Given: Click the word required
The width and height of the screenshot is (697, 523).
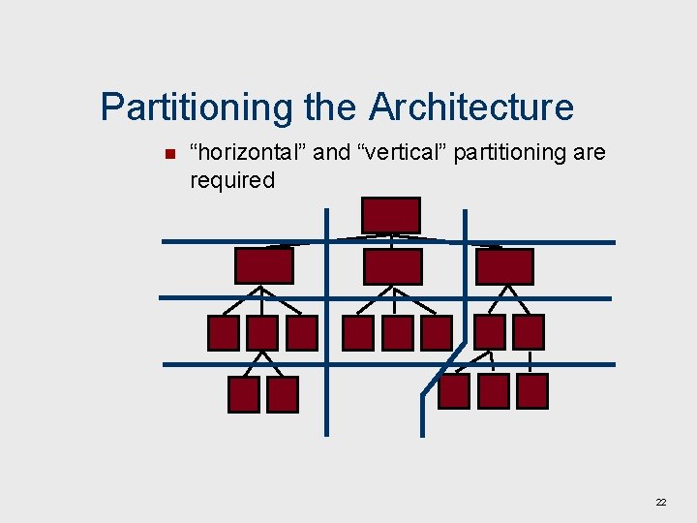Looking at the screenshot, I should click(232, 180).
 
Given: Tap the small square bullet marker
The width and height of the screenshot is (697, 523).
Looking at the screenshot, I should click(169, 154).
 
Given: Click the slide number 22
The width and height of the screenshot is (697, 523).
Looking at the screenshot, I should click(661, 503).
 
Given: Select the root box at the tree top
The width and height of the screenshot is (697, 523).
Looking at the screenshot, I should click(390, 215).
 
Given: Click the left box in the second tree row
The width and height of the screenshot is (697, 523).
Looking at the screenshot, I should click(263, 265).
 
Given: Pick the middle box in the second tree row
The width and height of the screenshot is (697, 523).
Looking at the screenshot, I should click(392, 266).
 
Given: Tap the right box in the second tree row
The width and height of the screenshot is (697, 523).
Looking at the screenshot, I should click(504, 266).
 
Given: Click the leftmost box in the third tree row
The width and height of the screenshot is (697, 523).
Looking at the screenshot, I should click(224, 333).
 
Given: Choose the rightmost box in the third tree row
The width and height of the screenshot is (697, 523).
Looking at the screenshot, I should click(529, 332).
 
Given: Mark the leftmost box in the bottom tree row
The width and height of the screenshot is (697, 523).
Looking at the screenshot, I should click(244, 394).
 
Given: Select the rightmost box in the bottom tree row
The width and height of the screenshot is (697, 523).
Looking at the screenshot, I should click(532, 391).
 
